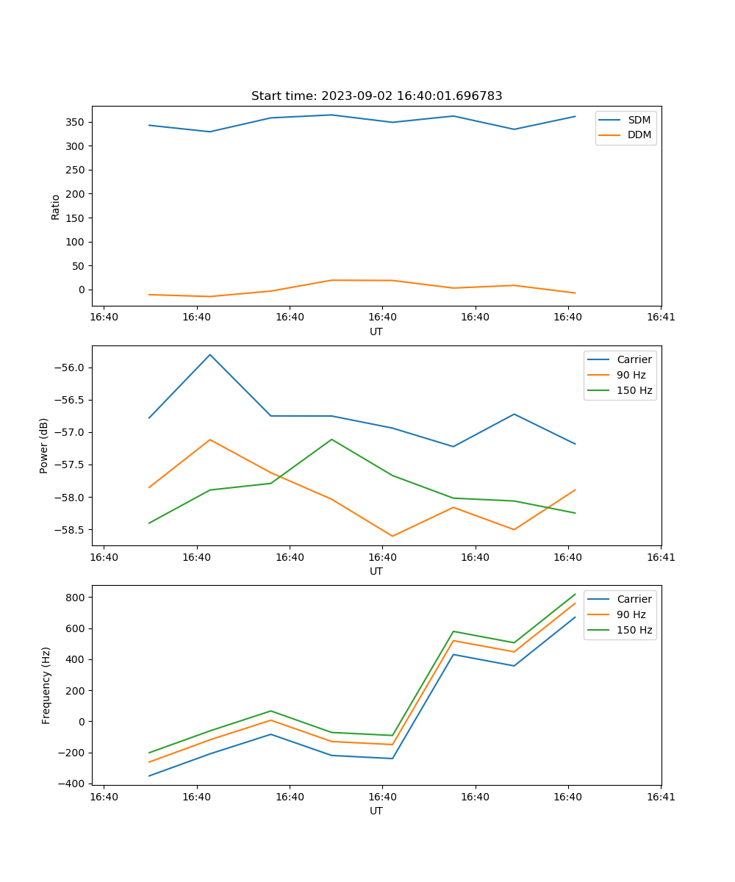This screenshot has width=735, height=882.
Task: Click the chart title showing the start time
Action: click(x=376, y=96)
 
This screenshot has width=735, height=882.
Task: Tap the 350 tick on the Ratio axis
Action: click(x=77, y=122)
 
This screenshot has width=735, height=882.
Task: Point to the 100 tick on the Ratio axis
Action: click(x=77, y=242)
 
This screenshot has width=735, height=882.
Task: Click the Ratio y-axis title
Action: click(x=56, y=207)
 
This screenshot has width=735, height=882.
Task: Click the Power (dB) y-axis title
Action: click(x=45, y=445)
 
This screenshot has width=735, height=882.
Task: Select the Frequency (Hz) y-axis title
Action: click(x=46, y=685)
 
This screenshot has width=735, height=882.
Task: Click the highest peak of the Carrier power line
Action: click(x=210, y=354)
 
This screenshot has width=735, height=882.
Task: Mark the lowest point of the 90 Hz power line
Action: click(x=392, y=536)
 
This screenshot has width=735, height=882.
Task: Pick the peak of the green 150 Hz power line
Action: click(x=331, y=439)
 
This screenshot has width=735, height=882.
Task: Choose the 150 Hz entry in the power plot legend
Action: click(x=634, y=390)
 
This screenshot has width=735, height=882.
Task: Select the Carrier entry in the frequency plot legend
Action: click(x=634, y=599)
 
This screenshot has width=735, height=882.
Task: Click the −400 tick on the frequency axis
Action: click(x=73, y=784)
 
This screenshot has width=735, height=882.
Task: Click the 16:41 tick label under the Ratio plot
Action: click(x=661, y=318)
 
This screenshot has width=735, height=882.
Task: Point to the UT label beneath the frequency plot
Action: click(x=376, y=811)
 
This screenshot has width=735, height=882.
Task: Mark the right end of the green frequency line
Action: click(x=576, y=594)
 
